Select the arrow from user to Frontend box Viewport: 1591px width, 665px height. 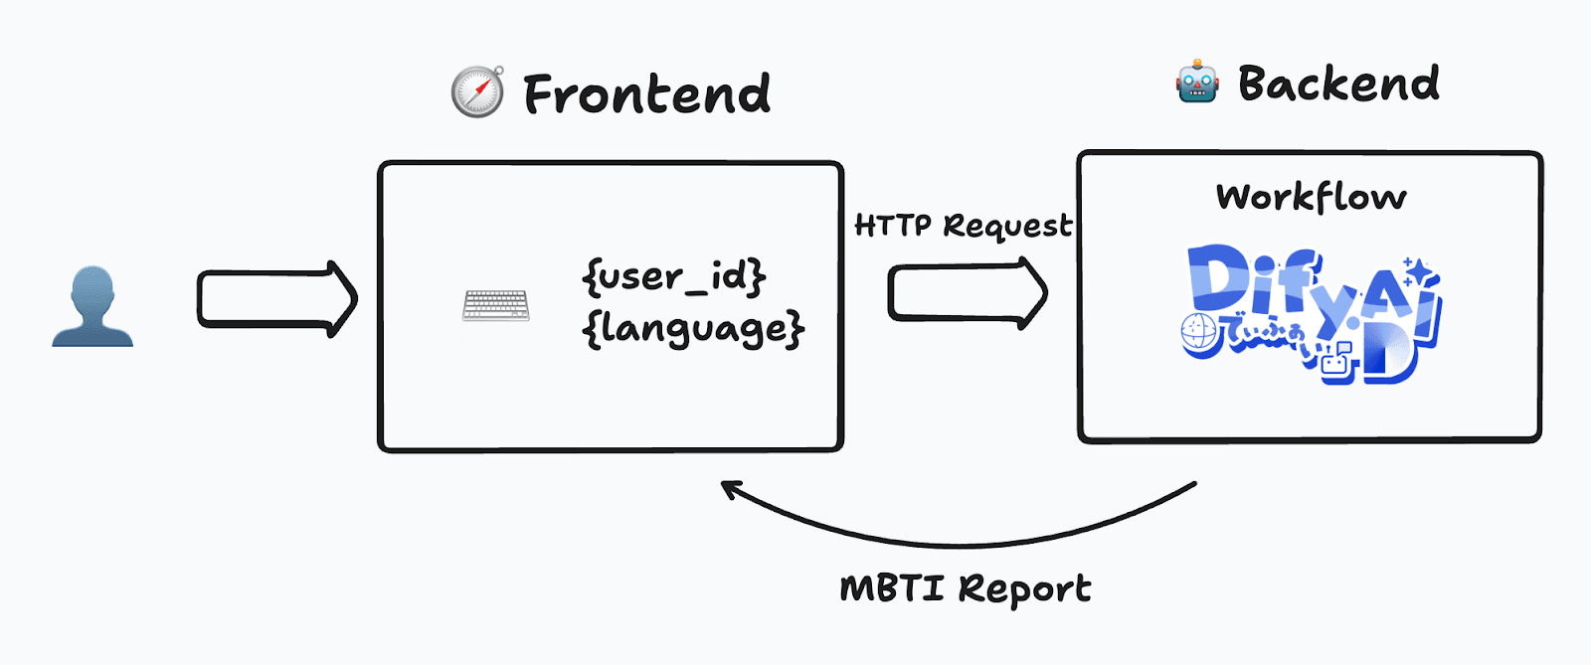click(x=276, y=298)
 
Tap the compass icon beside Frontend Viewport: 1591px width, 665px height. click(x=478, y=91)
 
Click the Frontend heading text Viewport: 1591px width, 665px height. click(x=646, y=94)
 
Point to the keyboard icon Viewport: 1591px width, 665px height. click(x=495, y=305)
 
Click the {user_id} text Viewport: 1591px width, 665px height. click(x=674, y=276)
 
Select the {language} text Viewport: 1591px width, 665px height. click(x=693, y=329)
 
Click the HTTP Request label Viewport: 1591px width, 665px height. click(x=964, y=227)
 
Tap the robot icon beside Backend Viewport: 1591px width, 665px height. click(x=1197, y=82)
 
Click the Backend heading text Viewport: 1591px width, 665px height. click(x=1338, y=83)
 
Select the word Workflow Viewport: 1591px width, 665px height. click(x=1312, y=197)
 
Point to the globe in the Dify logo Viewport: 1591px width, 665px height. click(x=1197, y=333)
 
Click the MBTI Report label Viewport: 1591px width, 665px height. click(x=966, y=588)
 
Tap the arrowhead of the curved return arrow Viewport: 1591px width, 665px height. click(x=731, y=488)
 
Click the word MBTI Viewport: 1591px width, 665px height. click(x=892, y=588)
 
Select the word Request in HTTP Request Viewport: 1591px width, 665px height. click(x=1008, y=227)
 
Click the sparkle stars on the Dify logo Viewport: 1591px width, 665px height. click(x=1416, y=271)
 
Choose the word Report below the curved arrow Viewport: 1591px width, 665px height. click(x=1025, y=589)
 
